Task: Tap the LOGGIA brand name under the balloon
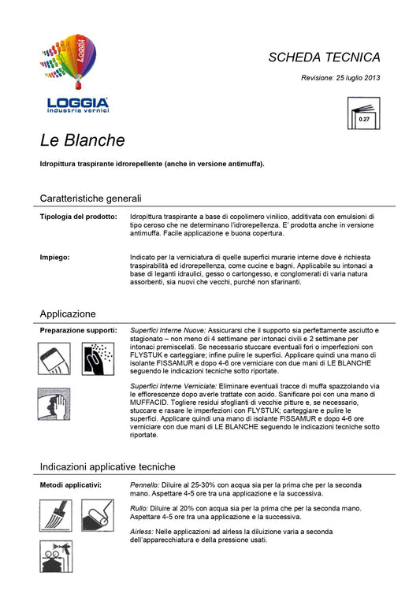77,102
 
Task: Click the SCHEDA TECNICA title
324,58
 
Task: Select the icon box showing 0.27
363,113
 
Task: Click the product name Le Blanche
83,141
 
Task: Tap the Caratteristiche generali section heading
91,198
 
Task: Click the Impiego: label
54,257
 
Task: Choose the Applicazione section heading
68,313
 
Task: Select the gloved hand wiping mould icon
55,402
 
